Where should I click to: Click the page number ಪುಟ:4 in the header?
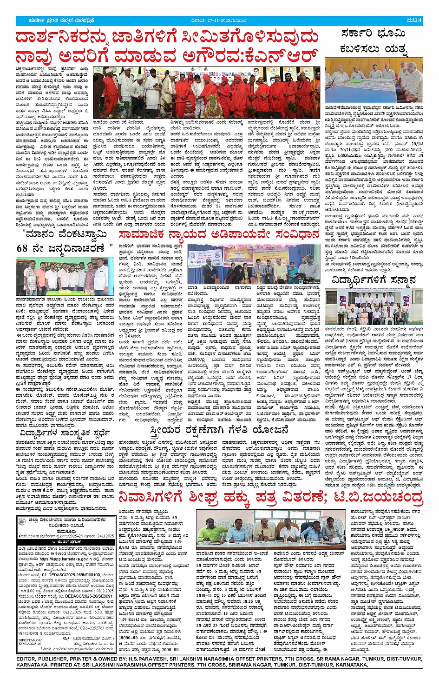(x=414, y=20)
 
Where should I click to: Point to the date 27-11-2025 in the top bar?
(x=213, y=20)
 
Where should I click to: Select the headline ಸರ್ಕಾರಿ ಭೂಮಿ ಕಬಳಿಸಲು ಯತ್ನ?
(x=373, y=40)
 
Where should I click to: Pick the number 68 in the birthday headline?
(x=22, y=248)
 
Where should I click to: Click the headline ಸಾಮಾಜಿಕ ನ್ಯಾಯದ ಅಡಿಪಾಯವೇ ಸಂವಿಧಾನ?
(x=219, y=234)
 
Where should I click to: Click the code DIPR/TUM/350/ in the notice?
(x=28, y=640)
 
